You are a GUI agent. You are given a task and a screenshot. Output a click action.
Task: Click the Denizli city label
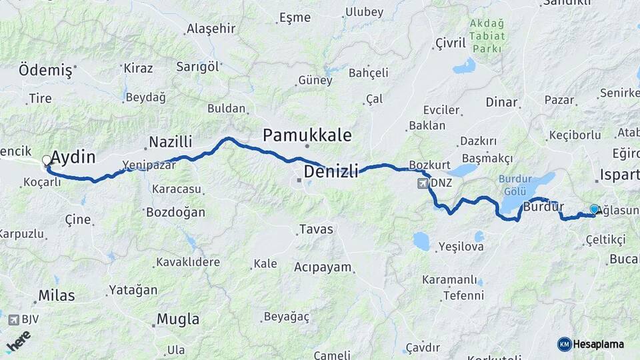[x=331, y=172]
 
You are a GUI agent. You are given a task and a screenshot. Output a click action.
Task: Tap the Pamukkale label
[x=307, y=135]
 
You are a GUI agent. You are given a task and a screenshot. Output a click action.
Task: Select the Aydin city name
[x=73, y=158]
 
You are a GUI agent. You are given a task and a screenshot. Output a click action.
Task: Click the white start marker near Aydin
[x=47, y=160]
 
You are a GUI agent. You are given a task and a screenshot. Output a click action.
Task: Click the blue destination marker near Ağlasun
[x=595, y=209]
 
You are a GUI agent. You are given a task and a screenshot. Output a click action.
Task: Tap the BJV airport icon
[x=13, y=320]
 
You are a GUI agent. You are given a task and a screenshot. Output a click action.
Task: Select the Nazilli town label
[x=170, y=141]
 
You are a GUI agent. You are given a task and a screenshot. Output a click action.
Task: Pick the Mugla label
[x=178, y=319]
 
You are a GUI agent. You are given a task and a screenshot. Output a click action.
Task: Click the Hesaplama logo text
[x=597, y=344]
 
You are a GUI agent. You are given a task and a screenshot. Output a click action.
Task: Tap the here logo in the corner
[x=19, y=341]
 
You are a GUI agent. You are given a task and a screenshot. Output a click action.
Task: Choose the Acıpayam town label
[x=322, y=267]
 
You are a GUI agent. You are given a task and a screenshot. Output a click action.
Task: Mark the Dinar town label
[x=501, y=102]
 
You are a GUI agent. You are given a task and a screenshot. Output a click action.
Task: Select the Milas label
[x=57, y=295]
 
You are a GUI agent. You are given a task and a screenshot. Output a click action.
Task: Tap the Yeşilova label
[x=461, y=247]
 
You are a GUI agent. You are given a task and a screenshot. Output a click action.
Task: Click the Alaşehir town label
[x=211, y=28]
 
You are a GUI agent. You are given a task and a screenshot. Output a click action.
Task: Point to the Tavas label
[x=316, y=229]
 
